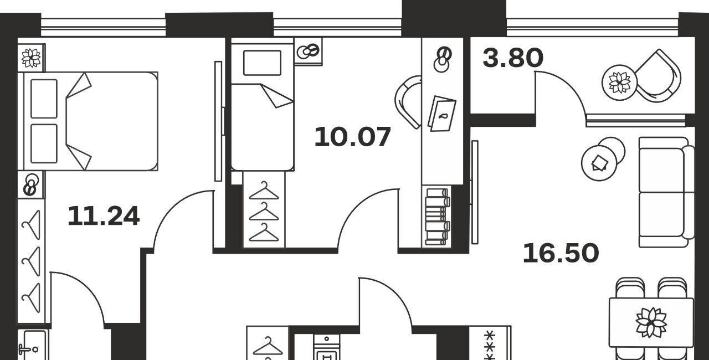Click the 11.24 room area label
(104, 216)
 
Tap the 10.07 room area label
(353, 137)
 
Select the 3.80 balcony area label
(513, 58)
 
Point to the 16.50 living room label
(561, 253)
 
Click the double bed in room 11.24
(88, 121)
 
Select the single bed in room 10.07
(263, 105)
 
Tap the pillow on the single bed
(262, 63)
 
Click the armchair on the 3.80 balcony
(657, 76)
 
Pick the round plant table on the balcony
(619, 83)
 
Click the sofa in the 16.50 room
(666, 192)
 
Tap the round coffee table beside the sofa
(599, 163)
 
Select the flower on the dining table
(651, 322)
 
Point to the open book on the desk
(442, 114)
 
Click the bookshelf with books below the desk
(437, 217)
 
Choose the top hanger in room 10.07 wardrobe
(264, 191)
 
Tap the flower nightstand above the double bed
(31, 58)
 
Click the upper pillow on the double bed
(44, 99)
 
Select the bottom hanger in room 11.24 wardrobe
(31, 297)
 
